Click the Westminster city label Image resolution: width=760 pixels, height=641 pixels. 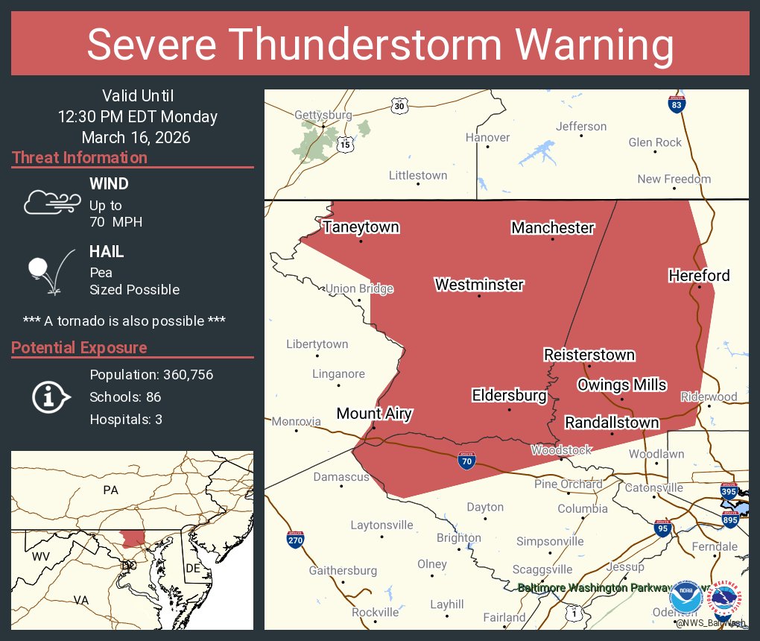point(479,285)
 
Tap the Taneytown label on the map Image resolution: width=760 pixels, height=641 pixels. point(361,227)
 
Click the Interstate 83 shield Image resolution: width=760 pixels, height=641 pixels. point(677,105)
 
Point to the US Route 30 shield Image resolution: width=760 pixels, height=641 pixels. point(400,106)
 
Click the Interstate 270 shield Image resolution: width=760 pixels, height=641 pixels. point(294,540)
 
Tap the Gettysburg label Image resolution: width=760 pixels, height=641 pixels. point(323,116)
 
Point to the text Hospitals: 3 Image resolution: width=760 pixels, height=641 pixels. point(126,419)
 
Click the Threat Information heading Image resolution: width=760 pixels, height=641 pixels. point(80,158)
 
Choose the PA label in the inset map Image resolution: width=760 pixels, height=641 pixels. point(110,490)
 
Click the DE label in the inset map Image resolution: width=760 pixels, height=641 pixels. point(194,569)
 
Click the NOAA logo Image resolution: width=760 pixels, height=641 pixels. point(685,599)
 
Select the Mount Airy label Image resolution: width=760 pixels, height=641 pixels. point(374,414)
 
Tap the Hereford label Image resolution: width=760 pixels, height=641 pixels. point(699,276)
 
